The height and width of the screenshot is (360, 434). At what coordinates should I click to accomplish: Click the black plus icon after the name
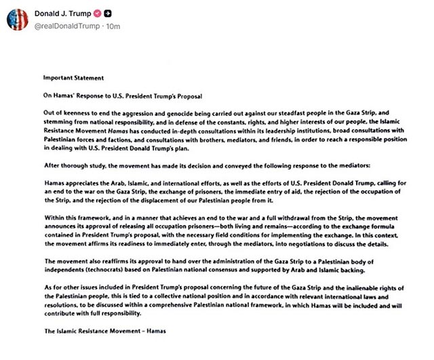click(117, 13)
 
